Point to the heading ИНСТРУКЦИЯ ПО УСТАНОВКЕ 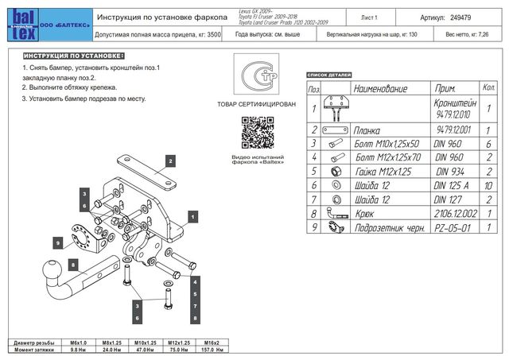[x=73, y=57]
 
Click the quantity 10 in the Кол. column [x=489, y=185]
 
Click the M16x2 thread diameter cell [x=212, y=342]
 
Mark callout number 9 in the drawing [x=59, y=242]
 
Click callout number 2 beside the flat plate [x=169, y=160]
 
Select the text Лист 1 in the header [x=369, y=16]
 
